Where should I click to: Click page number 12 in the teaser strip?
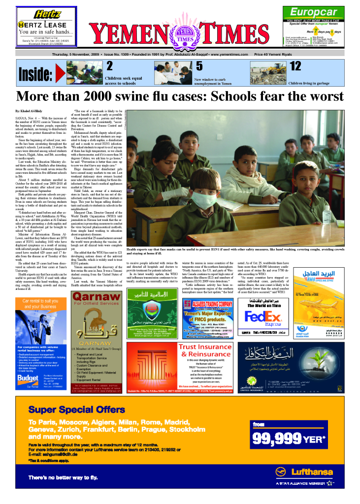(x=295, y=66)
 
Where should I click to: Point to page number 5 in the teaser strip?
(x=199, y=66)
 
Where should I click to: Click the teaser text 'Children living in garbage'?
(x=313, y=83)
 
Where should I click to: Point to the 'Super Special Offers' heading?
(x=76, y=409)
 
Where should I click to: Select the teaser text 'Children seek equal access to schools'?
(x=124, y=81)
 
